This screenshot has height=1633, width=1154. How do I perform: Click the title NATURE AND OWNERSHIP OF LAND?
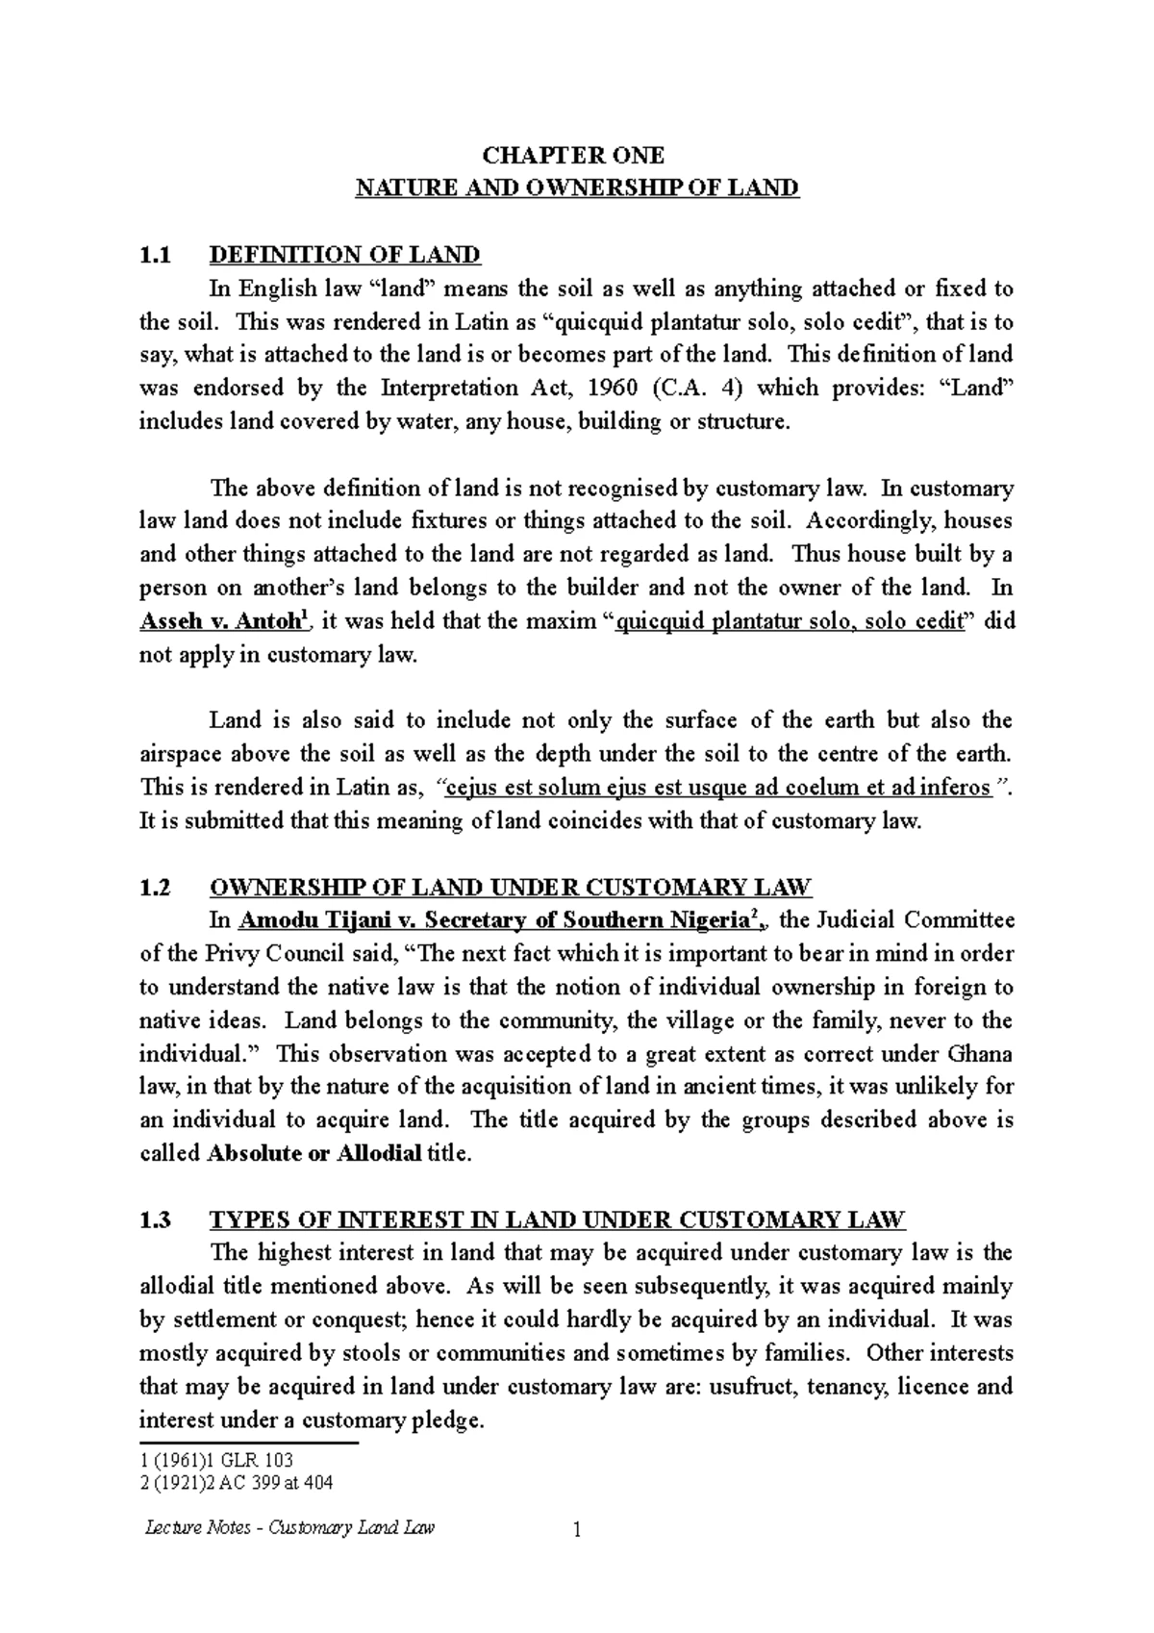(577, 188)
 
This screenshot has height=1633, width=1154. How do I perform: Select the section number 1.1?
(154, 255)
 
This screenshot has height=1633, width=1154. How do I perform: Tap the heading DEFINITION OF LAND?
(344, 255)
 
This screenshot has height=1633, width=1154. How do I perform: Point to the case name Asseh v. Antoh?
(223, 622)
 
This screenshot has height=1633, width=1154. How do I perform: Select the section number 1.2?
(155, 888)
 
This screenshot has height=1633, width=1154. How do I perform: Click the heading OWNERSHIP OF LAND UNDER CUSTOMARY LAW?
(511, 888)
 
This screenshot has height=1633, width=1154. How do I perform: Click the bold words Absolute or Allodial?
(314, 1154)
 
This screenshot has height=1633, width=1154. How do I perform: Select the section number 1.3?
(155, 1220)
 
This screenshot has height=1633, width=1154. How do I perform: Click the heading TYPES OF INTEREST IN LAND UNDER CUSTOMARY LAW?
(557, 1220)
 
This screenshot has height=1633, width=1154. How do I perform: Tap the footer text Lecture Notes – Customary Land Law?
(288, 1527)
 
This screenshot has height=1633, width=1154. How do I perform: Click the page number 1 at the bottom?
(577, 1530)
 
